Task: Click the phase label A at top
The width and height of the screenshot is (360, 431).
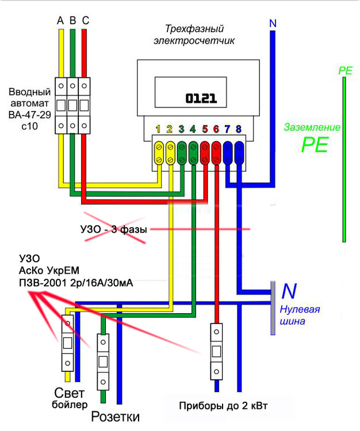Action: (60, 21)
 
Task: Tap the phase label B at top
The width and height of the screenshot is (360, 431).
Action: (72, 21)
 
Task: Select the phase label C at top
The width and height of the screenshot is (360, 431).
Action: (85, 21)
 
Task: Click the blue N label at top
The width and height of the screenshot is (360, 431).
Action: (273, 24)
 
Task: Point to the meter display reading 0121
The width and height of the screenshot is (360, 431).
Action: (201, 98)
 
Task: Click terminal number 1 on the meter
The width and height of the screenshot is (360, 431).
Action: (158, 129)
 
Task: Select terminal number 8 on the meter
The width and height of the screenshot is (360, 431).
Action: (239, 129)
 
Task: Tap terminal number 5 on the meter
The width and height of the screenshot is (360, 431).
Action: (205, 129)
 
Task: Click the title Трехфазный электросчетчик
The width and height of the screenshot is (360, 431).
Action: (194, 34)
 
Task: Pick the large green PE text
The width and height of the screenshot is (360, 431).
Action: (315, 144)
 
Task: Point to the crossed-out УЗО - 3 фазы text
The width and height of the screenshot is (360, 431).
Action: (114, 229)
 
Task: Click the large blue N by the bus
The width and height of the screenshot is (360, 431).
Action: (289, 291)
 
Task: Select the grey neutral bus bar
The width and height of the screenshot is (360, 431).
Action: (273, 308)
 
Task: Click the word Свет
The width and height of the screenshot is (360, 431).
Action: (70, 393)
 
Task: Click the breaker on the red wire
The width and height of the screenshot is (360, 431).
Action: (216, 350)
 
